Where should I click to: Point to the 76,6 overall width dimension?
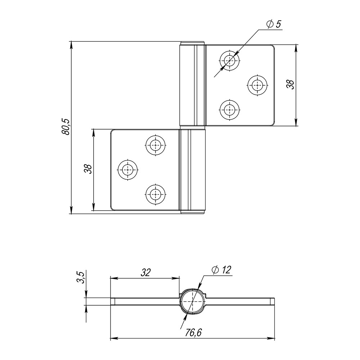click(x=194, y=333)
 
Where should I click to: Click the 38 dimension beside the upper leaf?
click(x=290, y=84)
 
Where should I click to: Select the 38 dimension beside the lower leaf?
click(x=88, y=169)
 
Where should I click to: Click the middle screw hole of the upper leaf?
click(x=257, y=85)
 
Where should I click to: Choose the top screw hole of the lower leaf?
click(x=156, y=145)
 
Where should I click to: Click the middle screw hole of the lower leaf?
click(x=128, y=169)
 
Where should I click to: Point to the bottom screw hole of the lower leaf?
click(x=156, y=194)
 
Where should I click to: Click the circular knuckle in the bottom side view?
click(x=193, y=301)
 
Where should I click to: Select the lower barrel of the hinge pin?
click(x=192, y=171)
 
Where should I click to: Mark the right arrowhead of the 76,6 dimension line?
click(x=273, y=338)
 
